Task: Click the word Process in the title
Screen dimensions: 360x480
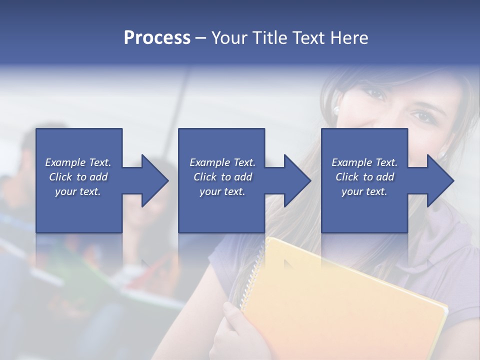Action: (157, 38)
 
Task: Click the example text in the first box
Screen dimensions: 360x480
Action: (78, 177)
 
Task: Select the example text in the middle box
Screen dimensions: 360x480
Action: (222, 177)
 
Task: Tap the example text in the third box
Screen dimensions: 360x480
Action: (364, 177)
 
